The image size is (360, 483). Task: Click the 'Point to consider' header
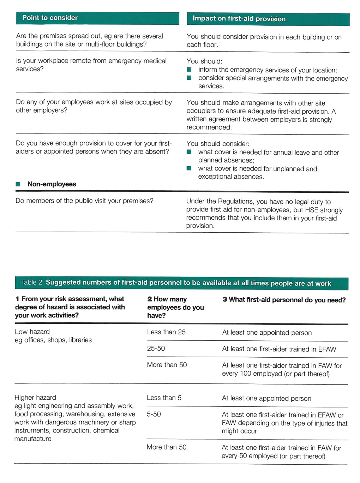[50, 18]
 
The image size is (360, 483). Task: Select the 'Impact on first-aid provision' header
[239, 19]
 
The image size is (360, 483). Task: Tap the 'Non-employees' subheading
[52, 184]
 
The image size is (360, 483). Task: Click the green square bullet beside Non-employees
[18, 184]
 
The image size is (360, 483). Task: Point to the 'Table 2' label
[31, 282]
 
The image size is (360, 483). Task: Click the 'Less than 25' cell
[166, 332]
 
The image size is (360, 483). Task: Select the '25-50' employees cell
[156, 348]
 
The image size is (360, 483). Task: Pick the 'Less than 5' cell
[164, 398]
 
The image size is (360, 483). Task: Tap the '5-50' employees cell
[154, 414]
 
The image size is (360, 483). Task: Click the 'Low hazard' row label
[32, 332]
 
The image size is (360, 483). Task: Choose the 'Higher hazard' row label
[35, 398]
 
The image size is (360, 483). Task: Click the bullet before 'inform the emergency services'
[189, 70]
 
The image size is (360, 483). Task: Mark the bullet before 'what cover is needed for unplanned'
[189, 168]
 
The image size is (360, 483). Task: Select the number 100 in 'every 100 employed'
[245, 374]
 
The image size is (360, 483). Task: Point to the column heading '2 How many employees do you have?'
[175, 307]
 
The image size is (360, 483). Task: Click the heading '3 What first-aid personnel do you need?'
[284, 300]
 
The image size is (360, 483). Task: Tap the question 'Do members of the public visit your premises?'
[84, 201]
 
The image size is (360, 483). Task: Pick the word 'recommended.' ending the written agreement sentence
[209, 127]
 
